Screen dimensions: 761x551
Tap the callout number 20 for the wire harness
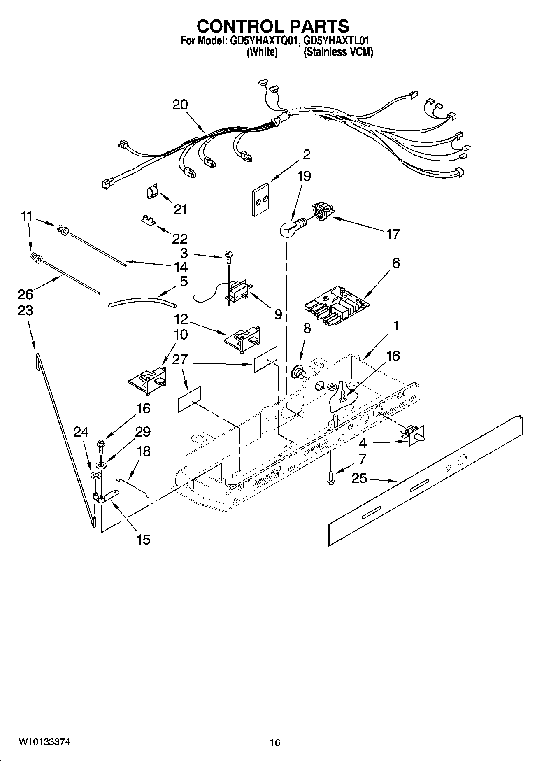click(180, 105)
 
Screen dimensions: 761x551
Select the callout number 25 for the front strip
click(359, 479)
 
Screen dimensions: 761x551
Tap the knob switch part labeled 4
click(414, 436)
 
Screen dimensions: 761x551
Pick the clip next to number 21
click(153, 193)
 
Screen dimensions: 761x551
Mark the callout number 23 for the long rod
click(25, 310)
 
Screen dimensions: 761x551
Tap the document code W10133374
click(44, 742)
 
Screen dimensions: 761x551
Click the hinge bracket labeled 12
click(243, 338)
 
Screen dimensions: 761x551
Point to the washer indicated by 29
click(100, 465)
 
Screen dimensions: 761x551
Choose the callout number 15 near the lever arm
click(143, 539)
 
